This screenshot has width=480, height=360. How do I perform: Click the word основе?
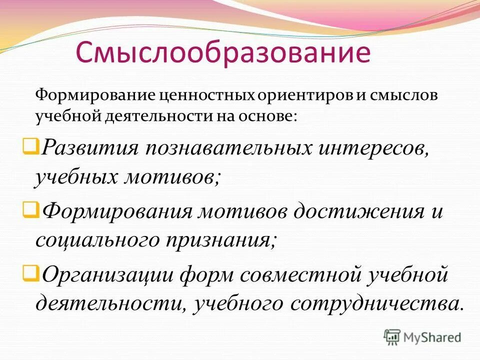pyautogui.click(x=270, y=116)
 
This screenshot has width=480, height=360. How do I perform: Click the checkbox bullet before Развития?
pyautogui.click(x=28, y=146)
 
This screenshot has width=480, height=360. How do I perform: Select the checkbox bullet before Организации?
pyautogui.click(x=28, y=273)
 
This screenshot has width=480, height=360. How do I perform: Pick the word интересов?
pyautogui.click(x=368, y=149)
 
